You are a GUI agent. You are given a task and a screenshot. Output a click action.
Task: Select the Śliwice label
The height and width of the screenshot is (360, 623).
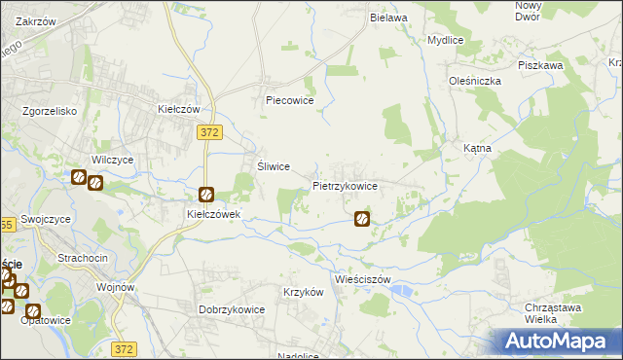(274, 166)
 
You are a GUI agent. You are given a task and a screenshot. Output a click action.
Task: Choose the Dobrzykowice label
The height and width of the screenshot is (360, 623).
(233, 309)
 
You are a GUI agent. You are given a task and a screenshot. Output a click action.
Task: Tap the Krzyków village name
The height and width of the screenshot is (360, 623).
(302, 292)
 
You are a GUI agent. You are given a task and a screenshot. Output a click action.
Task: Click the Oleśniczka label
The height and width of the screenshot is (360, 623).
(474, 81)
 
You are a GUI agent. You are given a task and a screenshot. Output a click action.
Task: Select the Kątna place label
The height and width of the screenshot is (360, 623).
(477, 149)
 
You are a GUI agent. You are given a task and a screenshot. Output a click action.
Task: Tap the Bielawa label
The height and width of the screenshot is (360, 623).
(386, 18)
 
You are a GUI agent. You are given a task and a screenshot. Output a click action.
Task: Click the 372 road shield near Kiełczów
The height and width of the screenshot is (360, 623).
(206, 129)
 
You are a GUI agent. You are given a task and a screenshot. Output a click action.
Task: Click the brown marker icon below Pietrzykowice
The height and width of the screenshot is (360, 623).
(362, 220)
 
